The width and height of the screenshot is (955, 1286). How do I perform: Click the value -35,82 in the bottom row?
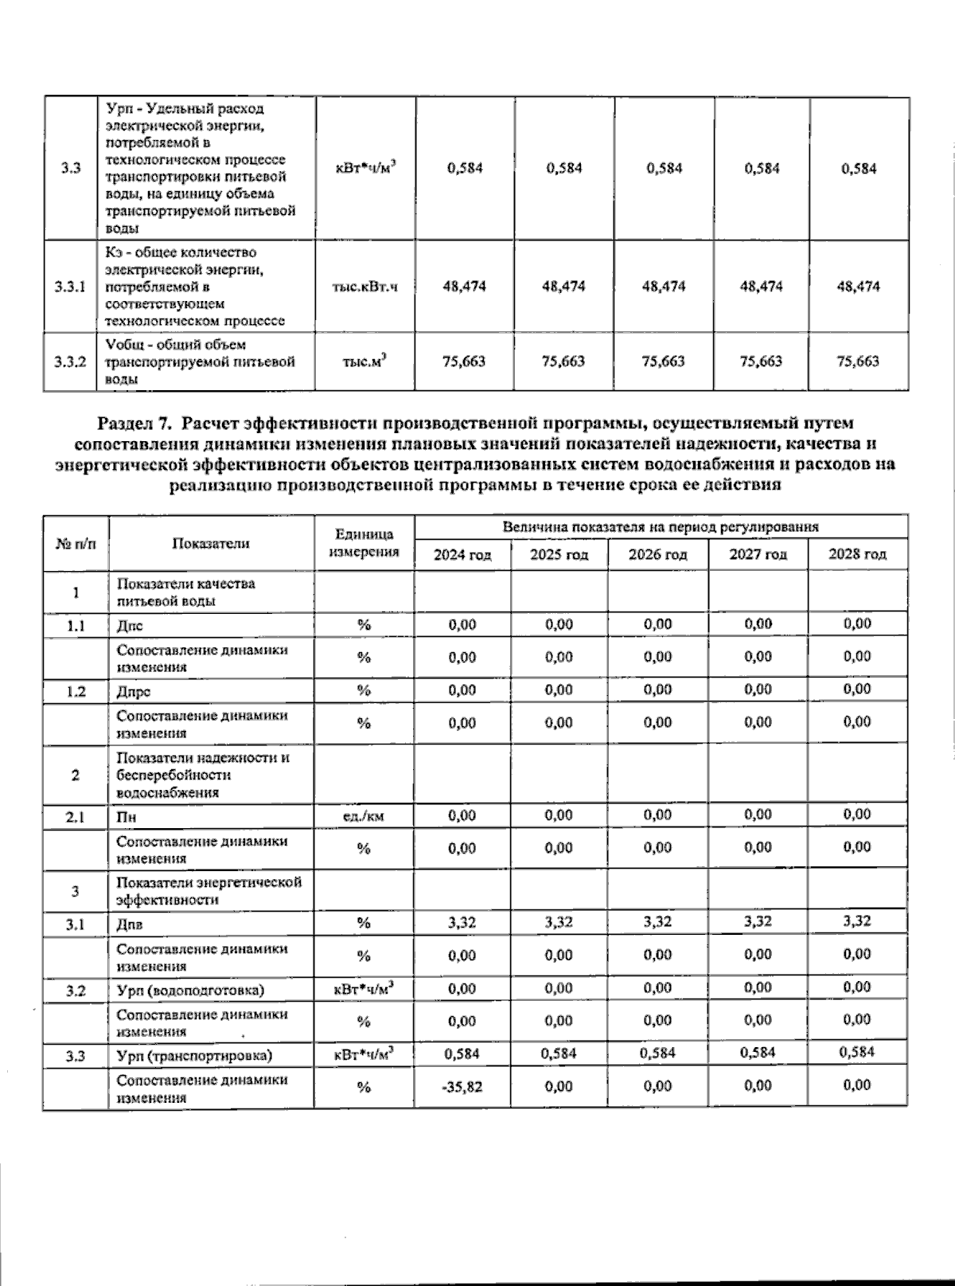pyautogui.click(x=462, y=1086)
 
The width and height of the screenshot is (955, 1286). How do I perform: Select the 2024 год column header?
pyautogui.click(x=462, y=554)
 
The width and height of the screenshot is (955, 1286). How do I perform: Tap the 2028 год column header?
pyautogui.click(x=857, y=554)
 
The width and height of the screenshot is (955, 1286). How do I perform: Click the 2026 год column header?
pyautogui.click(x=657, y=554)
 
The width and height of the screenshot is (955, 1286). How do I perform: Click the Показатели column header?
pyautogui.click(x=210, y=543)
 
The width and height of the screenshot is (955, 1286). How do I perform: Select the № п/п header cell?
pyautogui.click(x=75, y=543)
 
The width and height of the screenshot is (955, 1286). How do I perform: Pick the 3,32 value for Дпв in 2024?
pyautogui.click(x=462, y=922)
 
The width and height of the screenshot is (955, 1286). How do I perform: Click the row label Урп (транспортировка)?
pyautogui.click(x=194, y=1056)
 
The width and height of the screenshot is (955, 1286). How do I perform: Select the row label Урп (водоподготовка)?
pyautogui.click(x=190, y=990)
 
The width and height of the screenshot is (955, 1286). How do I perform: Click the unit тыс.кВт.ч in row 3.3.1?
pyautogui.click(x=364, y=287)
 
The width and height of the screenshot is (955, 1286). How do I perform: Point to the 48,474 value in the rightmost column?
pyautogui.click(x=857, y=287)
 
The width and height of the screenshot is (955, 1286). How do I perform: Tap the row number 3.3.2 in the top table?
pyautogui.click(x=70, y=362)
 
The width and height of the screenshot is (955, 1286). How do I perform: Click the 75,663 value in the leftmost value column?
pyautogui.click(x=463, y=362)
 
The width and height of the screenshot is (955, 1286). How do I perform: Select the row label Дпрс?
pyautogui.click(x=134, y=691)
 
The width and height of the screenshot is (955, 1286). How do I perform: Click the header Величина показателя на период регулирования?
pyautogui.click(x=660, y=527)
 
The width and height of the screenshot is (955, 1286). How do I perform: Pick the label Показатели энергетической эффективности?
pyautogui.click(x=209, y=891)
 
